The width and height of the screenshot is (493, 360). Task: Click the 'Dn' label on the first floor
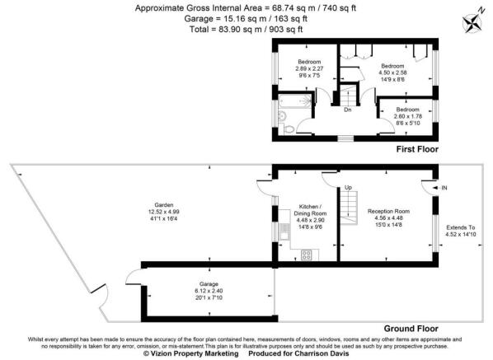pyautogui.click(x=347, y=110)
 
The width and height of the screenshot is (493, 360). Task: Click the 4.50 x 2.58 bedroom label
pyautogui.click(x=392, y=71)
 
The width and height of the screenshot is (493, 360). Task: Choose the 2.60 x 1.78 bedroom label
pyautogui.click(x=406, y=115)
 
